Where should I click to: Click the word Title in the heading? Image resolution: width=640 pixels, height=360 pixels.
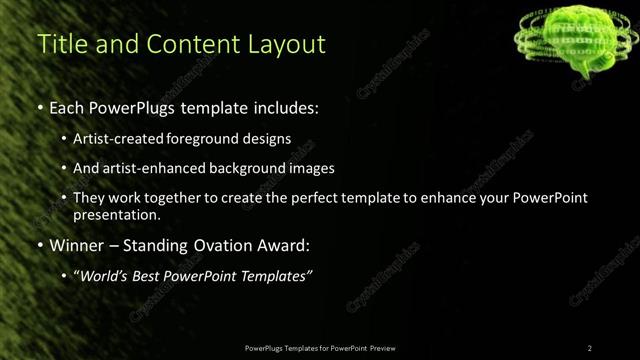coord(59,45)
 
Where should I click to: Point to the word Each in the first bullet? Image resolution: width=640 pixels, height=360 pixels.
coord(66,105)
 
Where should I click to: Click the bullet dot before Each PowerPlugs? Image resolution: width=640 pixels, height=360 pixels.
coord(40,106)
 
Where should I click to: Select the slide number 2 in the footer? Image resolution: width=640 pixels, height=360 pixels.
coord(590,347)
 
